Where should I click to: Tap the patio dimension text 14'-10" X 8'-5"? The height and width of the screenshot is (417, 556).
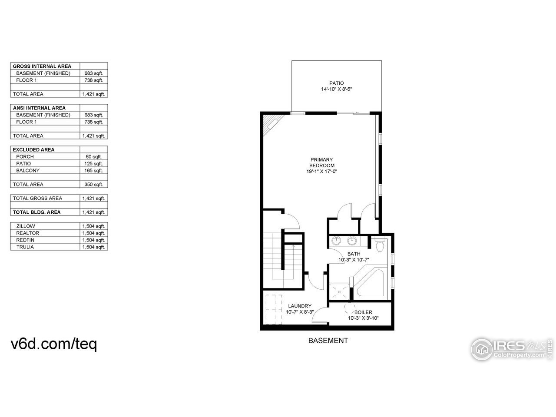[x=336, y=89]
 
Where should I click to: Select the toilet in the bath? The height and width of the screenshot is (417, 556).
[x=381, y=245]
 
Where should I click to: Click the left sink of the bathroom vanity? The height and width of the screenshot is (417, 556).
[x=337, y=241]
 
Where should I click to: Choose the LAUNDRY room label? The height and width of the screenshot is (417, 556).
[x=299, y=306]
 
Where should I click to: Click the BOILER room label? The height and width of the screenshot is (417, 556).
[x=363, y=312]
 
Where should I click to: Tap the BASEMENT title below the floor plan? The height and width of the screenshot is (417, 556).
[x=328, y=341]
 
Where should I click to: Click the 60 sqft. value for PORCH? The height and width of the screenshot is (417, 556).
[x=93, y=156]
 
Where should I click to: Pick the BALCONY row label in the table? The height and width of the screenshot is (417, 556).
[x=28, y=170]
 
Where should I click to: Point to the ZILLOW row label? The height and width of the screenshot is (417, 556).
[x=26, y=226]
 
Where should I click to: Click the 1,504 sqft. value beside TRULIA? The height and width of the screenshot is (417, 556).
[x=93, y=247]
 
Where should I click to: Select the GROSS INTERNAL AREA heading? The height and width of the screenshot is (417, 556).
[x=42, y=66]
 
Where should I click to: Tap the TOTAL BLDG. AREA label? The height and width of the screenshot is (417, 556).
[x=36, y=212]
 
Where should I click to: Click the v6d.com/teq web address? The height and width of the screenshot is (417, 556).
[x=53, y=344]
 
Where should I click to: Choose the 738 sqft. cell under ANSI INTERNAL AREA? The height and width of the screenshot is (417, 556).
[x=93, y=122]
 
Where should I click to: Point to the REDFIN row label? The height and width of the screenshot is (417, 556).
[x=25, y=240]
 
